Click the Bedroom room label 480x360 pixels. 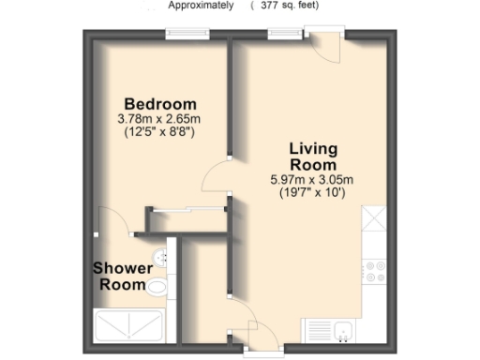click(x=160, y=103)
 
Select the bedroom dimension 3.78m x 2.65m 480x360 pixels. click(x=160, y=119)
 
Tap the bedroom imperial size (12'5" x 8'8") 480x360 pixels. click(x=160, y=133)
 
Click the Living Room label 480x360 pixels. click(x=313, y=157)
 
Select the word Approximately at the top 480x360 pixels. click(x=201, y=5)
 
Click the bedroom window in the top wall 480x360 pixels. click(x=187, y=35)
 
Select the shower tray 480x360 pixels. click(x=129, y=327)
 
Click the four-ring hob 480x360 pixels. click(x=375, y=270)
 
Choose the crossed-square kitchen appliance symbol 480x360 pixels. click(x=375, y=219)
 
